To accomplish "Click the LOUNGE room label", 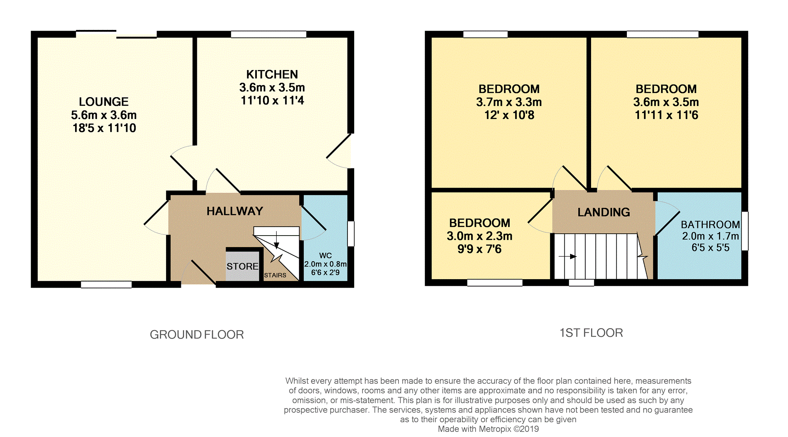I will (104, 102).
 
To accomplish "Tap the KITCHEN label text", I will (272, 75).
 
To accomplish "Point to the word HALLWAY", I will (235, 211).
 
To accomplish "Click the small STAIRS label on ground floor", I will (275, 275).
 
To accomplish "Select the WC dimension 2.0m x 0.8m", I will (325, 264).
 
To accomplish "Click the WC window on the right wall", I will (351, 233).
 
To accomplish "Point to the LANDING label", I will (604, 212).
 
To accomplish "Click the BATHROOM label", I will (710, 225).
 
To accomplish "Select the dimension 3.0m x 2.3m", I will (479, 236).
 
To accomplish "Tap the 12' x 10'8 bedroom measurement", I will (509, 115).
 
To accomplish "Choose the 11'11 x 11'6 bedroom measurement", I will (666, 115).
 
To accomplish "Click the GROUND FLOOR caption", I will (197, 335).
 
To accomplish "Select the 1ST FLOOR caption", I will (591, 333).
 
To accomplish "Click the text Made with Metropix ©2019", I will (488, 429).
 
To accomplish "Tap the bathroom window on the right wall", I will (744, 231).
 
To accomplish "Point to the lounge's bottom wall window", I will (106, 285).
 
